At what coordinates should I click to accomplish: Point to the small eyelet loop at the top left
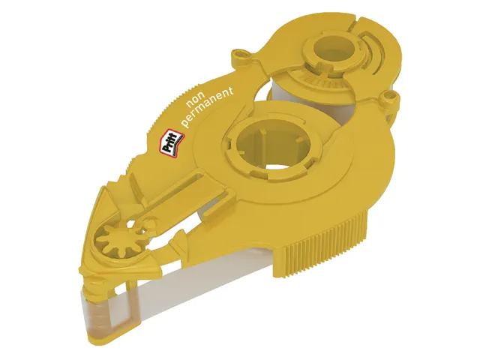point(242,55)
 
